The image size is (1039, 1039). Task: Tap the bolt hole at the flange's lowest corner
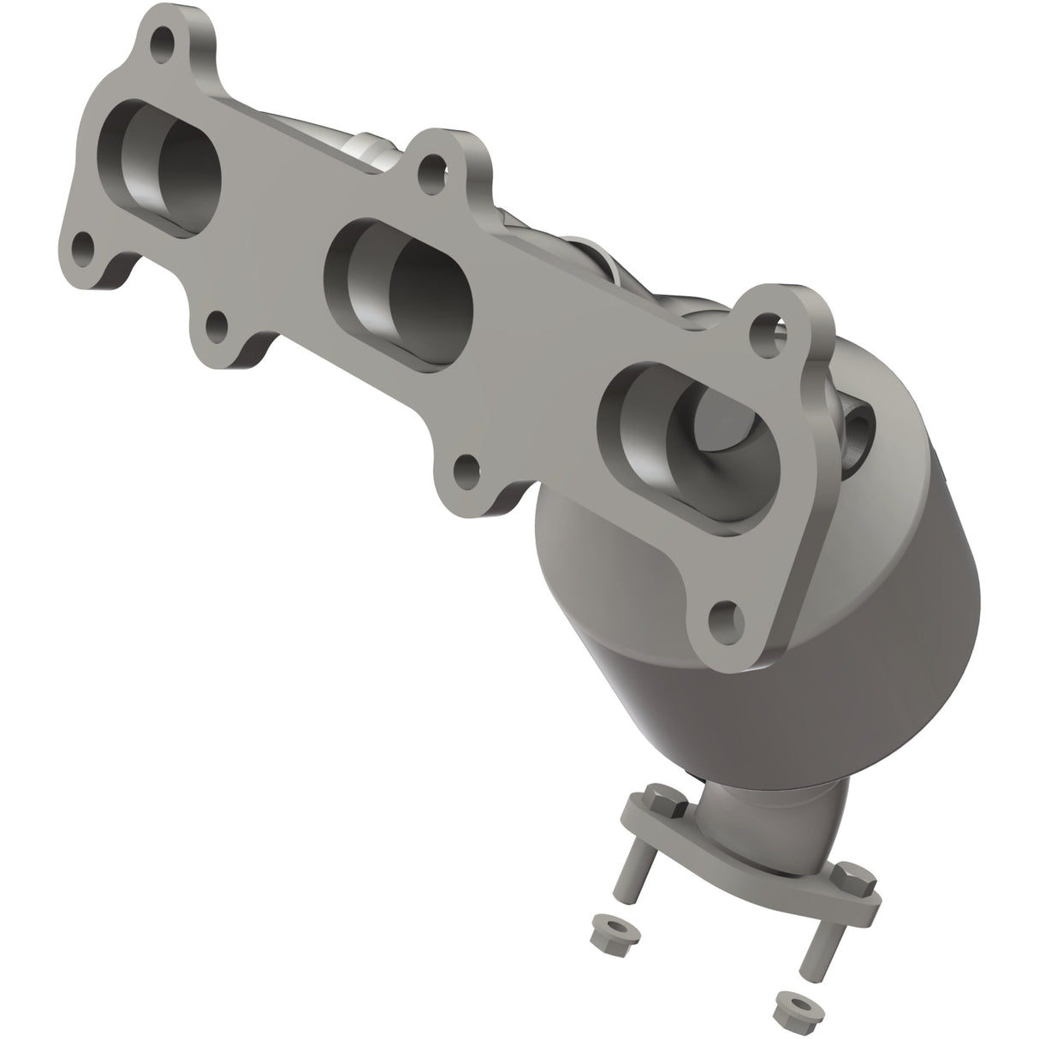(726, 614)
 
